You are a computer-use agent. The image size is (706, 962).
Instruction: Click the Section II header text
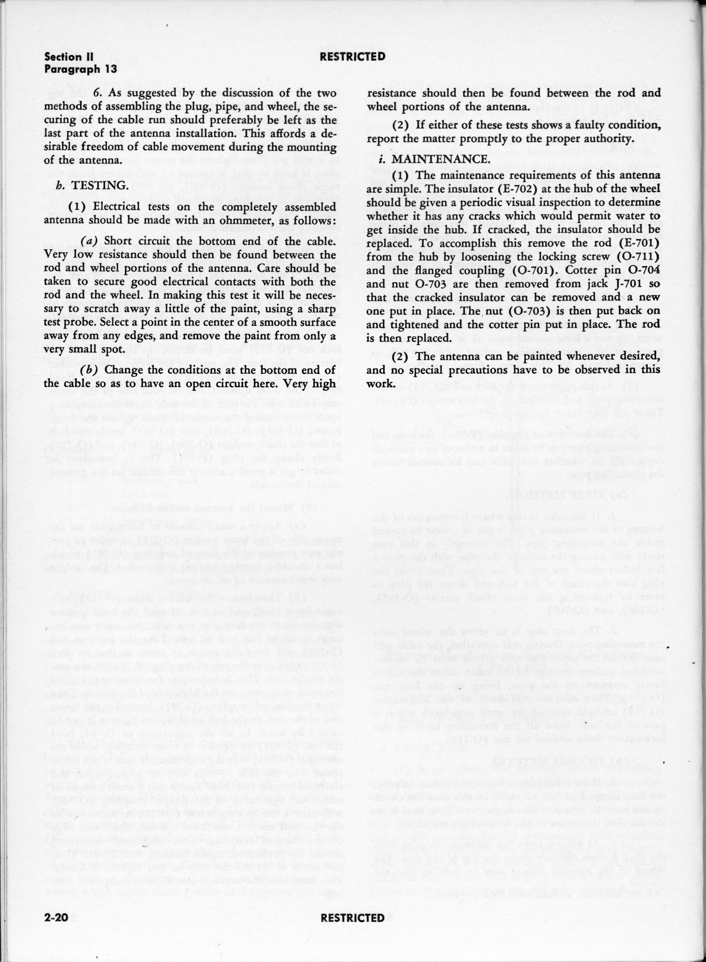[x=69, y=57]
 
